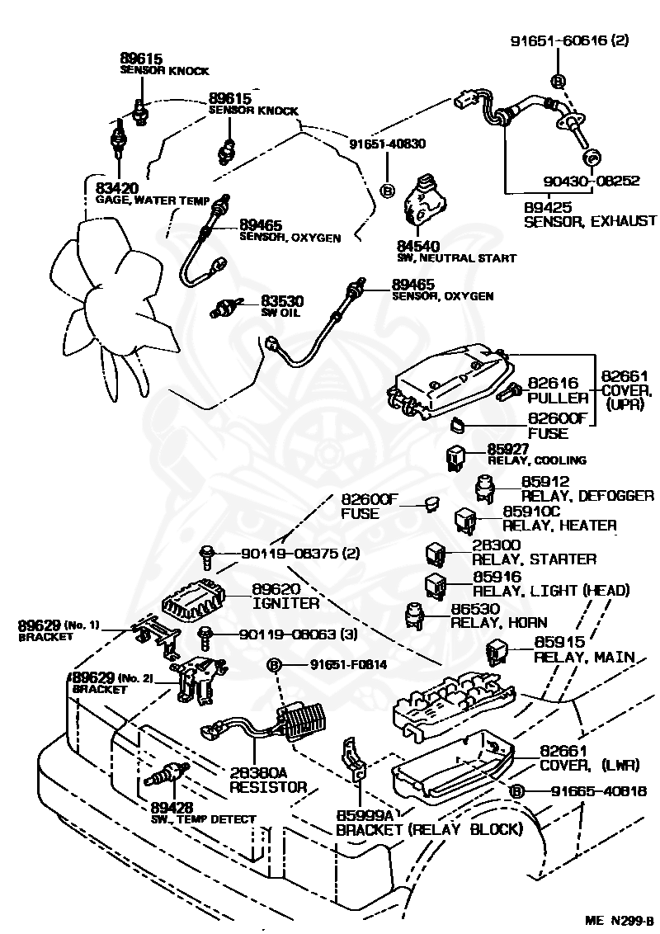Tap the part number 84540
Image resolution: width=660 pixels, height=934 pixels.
(x=419, y=246)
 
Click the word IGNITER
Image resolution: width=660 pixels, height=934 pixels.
(x=286, y=603)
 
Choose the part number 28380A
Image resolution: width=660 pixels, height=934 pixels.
(x=258, y=773)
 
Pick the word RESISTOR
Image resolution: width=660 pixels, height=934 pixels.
(x=268, y=787)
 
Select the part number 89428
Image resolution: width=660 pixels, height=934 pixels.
(x=172, y=808)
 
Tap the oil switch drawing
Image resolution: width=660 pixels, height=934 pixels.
(x=226, y=308)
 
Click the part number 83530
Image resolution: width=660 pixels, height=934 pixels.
(x=282, y=301)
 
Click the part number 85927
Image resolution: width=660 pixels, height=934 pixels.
(x=509, y=449)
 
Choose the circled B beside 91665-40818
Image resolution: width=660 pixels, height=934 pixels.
(x=516, y=791)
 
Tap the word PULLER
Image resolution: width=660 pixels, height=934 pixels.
(x=558, y=398)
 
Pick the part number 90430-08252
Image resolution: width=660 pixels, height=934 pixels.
(x=592, y=181)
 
